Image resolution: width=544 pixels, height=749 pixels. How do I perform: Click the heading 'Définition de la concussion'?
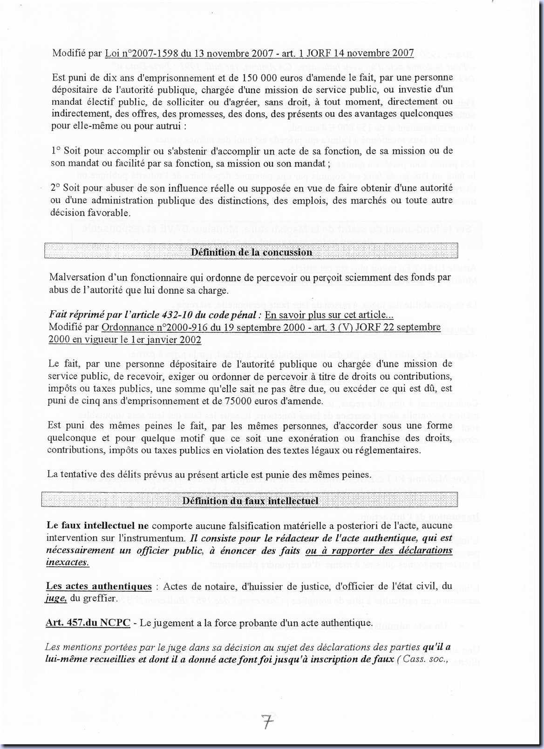tap(252, 252)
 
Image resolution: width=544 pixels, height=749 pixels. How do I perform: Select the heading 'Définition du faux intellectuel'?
tap(250, 501)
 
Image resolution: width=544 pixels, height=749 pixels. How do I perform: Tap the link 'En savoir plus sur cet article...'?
tap(326, 315)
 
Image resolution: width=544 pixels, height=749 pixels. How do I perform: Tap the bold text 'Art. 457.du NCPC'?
tap(88, 622)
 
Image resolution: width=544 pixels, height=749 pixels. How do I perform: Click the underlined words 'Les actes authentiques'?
tap(99, 586)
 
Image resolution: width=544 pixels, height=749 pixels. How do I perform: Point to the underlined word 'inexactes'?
tap(67, 562)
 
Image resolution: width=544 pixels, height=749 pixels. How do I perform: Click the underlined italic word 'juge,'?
tap(56, 598)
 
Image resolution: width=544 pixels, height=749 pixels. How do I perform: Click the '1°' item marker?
tap(56, 151)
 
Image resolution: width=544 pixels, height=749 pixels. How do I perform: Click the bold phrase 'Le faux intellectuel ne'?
tap(97, 526)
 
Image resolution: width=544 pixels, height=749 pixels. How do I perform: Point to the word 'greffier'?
tap(100, 598)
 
